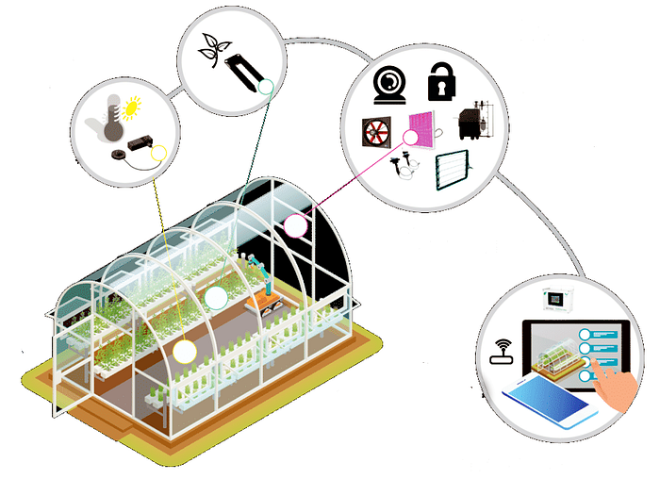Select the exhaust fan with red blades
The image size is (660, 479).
pyautogui.click(x=377, y=132)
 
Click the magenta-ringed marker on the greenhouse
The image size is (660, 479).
pyautogui.click(x=296, y=224)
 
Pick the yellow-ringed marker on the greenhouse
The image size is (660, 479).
pyautogui.click(x=185, y=351)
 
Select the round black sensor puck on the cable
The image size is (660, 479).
pyautogui.click(x=118, y=155)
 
